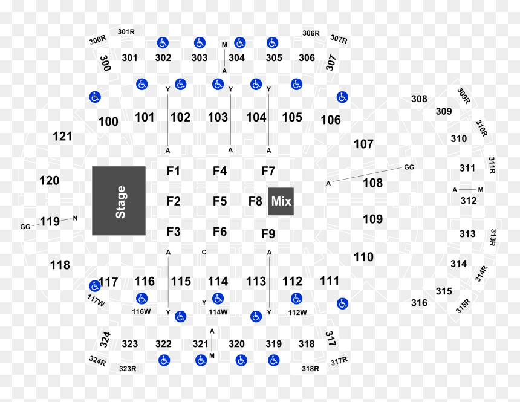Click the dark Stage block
(119, 201)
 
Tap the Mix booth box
(281, 201)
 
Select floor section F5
(220, 201)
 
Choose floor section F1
(174, 171)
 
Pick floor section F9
(268, 234)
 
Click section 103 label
(218, 117)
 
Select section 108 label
(372, 183)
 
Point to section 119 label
(50, 221)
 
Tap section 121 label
(62, 137)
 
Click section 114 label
(218, 282)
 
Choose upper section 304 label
(237, 58)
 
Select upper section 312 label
(469, 201)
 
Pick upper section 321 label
(201, 344)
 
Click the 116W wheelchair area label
(141, 312)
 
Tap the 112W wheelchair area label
(297, 313)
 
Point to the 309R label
(464, 96)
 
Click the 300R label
(97, 40)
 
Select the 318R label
(310, 369)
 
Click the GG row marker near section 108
(409, 167)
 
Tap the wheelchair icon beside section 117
(95, 286)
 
